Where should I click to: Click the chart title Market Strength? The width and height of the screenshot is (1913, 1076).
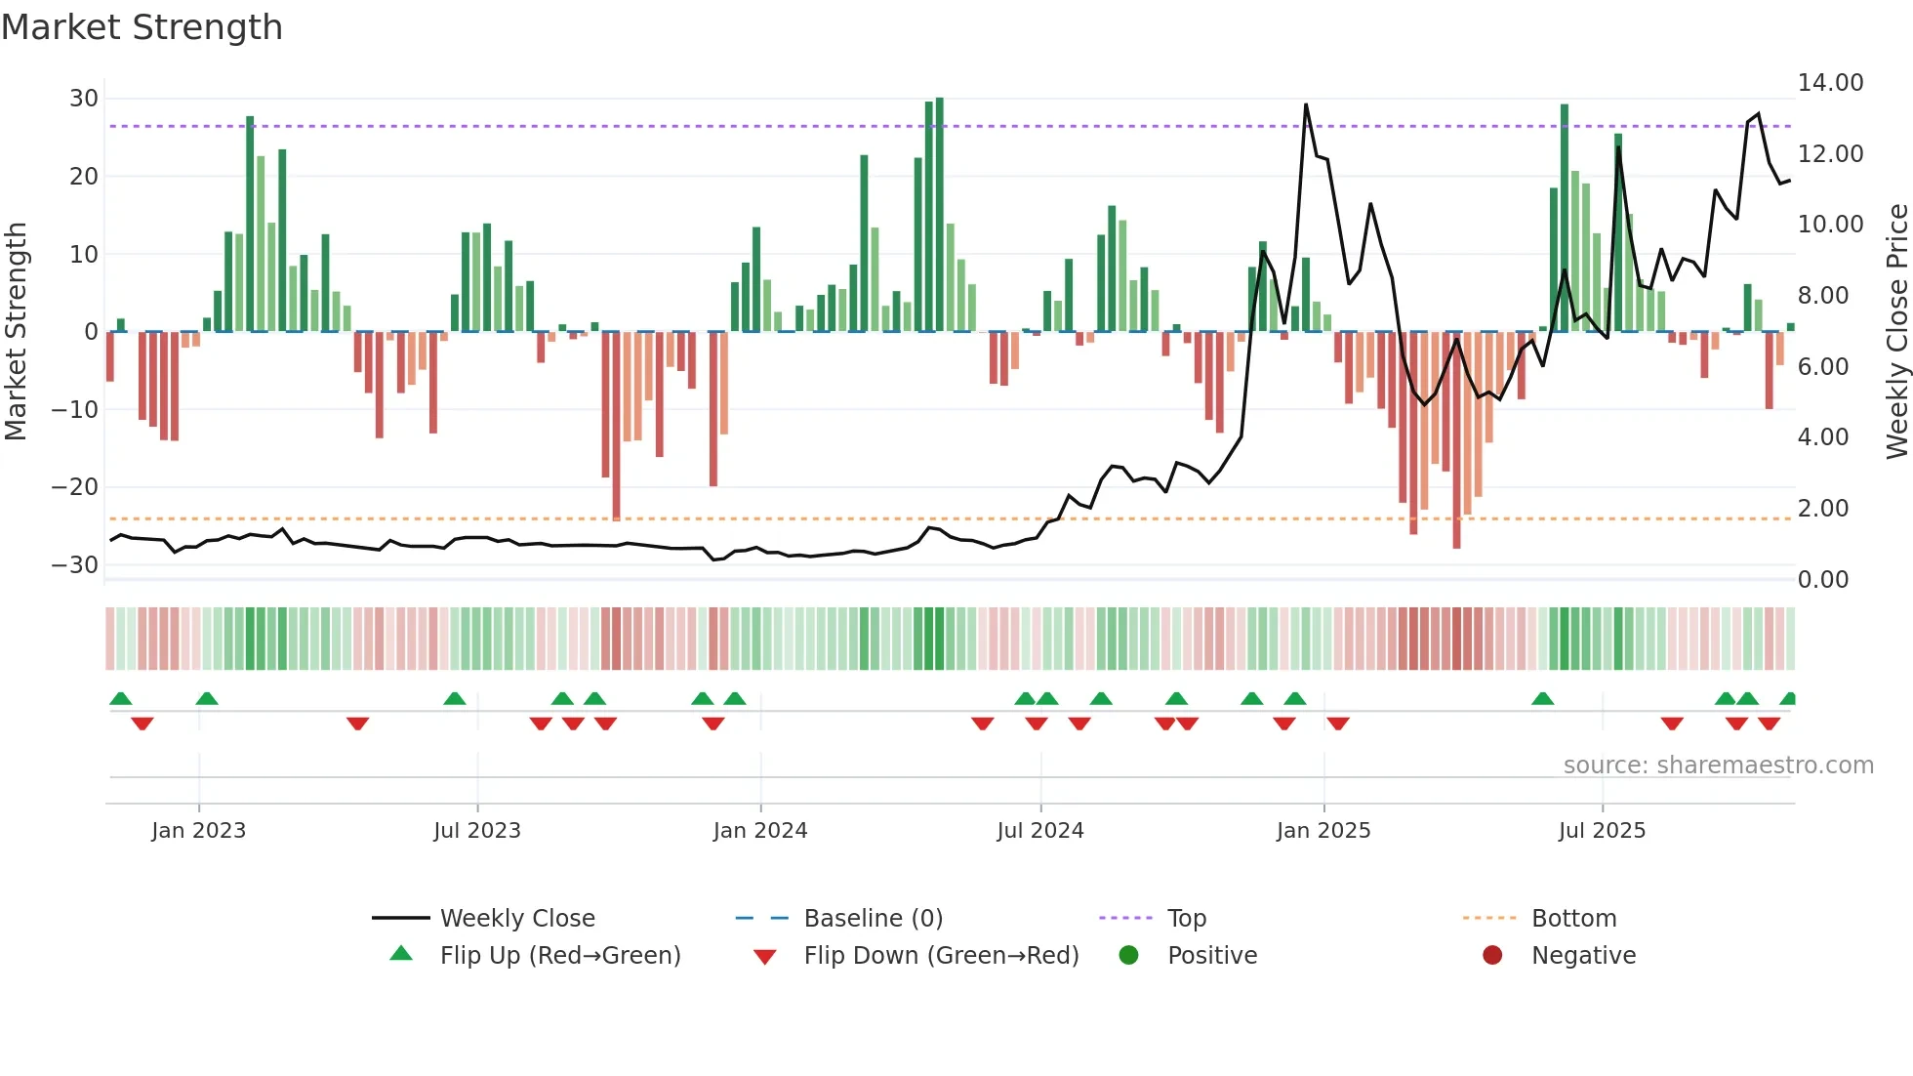tap(142, 27)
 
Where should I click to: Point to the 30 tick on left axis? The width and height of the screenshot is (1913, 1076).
tap(84, 98)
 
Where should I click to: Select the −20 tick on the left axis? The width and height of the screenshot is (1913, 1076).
tap(75, 486)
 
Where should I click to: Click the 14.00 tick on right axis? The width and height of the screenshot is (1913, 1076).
tap(1830, 83)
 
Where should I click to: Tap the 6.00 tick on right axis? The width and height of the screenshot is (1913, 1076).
tap(1822, 366)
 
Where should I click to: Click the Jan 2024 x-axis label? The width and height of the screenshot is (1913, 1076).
tap(759, 831)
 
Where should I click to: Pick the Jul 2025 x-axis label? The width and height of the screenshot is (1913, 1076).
tap(1601, 831)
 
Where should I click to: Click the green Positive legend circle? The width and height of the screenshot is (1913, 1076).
tap(1129, 955)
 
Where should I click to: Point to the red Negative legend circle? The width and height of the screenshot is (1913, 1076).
tap(1492, 955)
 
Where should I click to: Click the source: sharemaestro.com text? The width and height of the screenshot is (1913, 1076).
tap(1718, 766)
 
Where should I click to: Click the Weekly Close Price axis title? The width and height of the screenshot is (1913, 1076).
tap(1896, 332)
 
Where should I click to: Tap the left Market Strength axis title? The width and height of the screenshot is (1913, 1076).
tap(16, 332)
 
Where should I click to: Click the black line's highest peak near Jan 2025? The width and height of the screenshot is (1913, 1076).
tap(1306, 105)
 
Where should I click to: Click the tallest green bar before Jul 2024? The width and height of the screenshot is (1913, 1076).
tap(939, 215)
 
